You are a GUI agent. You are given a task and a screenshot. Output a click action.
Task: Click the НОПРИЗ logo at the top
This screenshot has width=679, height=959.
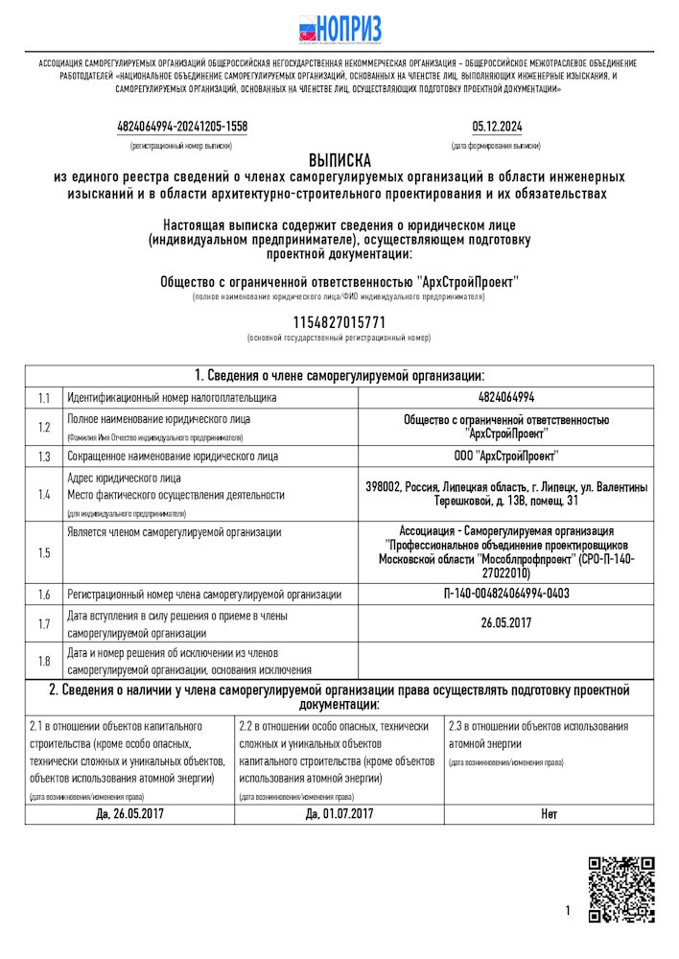[339, 28]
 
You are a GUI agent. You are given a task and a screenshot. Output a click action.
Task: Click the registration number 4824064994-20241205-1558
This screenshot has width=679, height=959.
[181, 127]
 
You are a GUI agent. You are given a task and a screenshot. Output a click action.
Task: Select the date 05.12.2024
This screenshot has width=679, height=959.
[497, 127]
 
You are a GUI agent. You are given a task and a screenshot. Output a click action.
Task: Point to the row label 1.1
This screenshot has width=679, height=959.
[43, 397]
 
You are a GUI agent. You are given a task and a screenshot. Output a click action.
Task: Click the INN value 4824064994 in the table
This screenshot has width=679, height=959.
[505, 397]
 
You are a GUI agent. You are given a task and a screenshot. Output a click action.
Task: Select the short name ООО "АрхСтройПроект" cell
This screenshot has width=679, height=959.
[505, 456]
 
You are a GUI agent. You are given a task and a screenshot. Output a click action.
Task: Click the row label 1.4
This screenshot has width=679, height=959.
[43, 495]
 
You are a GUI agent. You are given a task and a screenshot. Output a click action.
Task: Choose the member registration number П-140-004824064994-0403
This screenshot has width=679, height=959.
[505, 594]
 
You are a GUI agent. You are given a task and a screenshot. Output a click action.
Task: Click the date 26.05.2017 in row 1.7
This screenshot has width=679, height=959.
[505, 623]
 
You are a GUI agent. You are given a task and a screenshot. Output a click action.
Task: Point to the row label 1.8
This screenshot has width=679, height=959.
[43, 661]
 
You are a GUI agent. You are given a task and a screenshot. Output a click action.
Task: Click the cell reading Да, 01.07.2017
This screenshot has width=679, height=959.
[339, 814]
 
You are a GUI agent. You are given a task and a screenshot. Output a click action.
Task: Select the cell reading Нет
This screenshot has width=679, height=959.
[549, 814]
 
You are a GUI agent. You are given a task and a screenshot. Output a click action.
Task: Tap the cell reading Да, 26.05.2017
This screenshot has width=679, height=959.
[129, 814]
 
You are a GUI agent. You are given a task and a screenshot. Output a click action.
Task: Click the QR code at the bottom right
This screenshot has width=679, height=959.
[620, 890]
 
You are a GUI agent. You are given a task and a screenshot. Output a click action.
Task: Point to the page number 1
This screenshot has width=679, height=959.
[568, 910]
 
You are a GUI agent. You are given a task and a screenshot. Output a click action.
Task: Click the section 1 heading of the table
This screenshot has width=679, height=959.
[339, 375]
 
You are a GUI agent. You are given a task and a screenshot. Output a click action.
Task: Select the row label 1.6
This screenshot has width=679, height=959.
[43, 595]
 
